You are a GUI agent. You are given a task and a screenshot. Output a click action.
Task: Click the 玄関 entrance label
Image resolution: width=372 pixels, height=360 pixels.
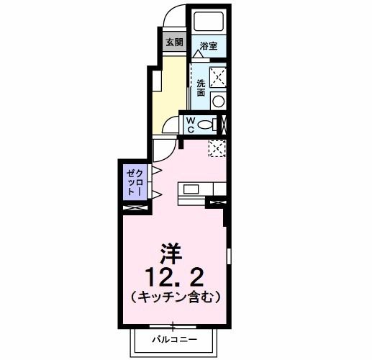[175, 42]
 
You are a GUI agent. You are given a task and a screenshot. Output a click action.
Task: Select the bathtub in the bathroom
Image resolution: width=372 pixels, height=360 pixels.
[209, 21]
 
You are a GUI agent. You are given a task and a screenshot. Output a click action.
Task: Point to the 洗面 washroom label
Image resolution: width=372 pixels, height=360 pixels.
[201, 87]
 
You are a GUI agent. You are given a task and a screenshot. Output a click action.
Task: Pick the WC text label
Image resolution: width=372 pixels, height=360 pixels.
[190, 124]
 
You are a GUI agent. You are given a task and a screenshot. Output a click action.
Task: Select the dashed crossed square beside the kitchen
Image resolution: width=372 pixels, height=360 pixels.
[217, 148]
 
